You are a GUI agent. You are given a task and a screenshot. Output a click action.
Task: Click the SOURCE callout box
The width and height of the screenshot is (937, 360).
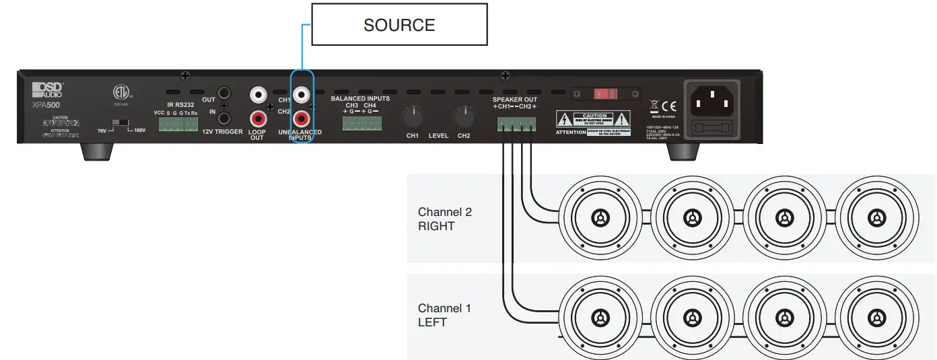coord(399,26)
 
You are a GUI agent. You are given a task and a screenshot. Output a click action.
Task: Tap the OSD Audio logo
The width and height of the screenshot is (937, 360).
coord(48,89)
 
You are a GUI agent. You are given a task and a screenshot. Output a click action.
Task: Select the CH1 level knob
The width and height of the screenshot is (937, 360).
coord(412,117)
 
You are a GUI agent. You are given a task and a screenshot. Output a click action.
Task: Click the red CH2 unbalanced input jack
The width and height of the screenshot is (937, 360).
coord(302,119)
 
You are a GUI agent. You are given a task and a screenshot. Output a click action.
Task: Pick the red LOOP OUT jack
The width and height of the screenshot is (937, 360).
coord(258,119)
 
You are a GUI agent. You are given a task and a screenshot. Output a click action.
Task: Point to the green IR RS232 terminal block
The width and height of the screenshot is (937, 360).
coord(178,124)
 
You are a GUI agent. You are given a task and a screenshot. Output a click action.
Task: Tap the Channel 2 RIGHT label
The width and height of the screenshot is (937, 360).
coord(444,219)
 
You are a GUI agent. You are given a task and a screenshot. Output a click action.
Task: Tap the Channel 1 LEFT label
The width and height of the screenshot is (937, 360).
coord(444,316)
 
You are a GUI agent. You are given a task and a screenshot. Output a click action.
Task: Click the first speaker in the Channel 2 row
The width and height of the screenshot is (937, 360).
coord(598,218)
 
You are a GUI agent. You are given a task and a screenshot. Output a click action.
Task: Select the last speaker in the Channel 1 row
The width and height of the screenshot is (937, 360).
coord(875,315)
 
